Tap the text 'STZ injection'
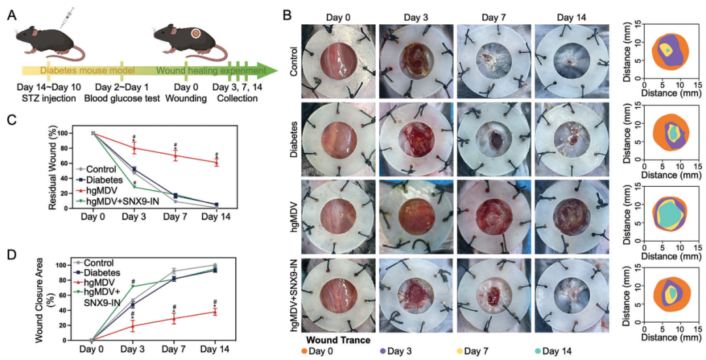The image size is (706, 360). click(46, 98)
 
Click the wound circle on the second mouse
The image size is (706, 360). click(196, 33)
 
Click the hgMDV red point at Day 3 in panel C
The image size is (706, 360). click(134, 148)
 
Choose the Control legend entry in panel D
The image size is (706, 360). click(96, 263)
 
